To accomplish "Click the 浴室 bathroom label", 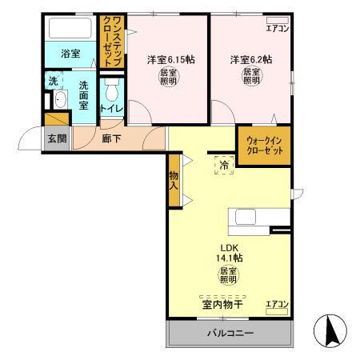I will tap(70, 54).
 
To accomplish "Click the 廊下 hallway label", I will tap(112, 137).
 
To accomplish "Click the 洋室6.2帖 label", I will tap(250, 59).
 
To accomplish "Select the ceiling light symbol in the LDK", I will tap(227, 275).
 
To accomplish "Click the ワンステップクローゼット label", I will tap(112, 39).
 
